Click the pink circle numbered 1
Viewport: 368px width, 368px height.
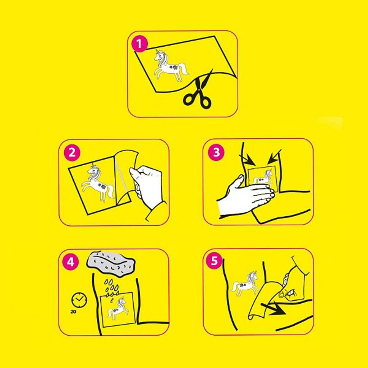coord(139,43)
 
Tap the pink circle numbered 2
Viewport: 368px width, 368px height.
coord(72,152)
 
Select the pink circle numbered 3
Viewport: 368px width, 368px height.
coord(216,152)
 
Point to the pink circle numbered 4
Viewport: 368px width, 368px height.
coord(71,262)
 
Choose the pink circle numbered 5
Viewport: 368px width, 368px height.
coord(214,261)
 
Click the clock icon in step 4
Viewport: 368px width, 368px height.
coord(79,300)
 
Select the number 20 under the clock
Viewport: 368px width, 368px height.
coord(73,312)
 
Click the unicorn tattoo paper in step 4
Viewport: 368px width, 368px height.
coord(118,309)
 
